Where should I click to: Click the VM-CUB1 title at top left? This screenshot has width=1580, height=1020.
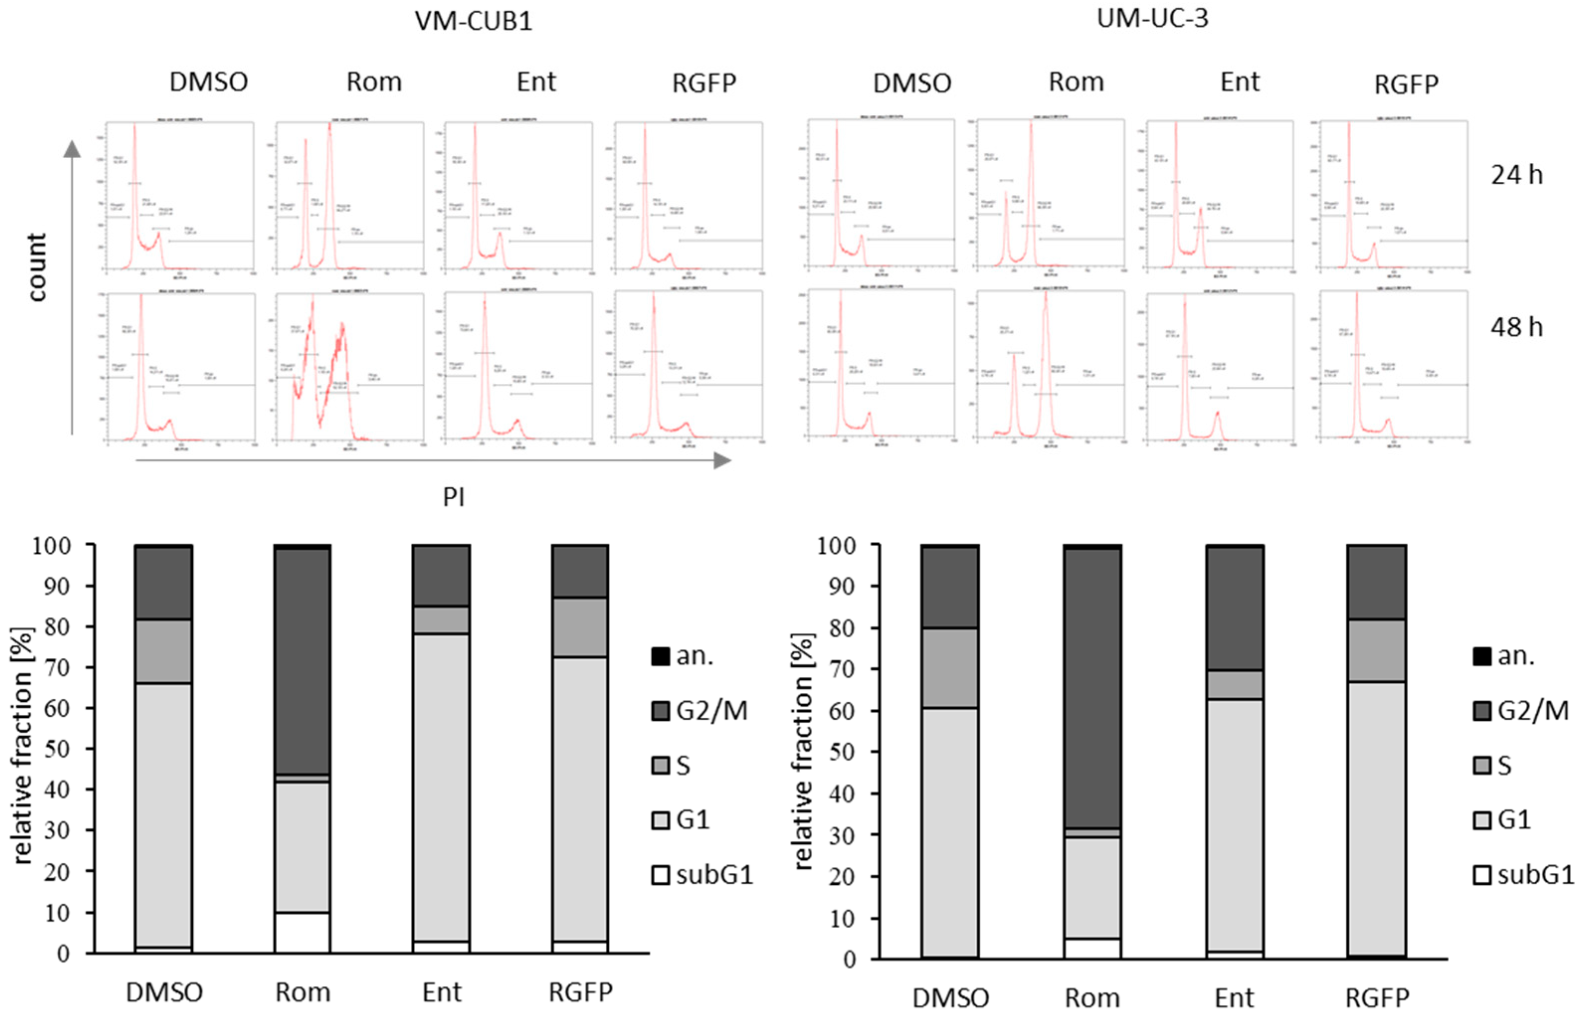(473, 21)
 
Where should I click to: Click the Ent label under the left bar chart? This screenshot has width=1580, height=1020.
(442, 992)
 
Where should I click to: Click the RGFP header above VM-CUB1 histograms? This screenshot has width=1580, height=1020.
(704, 84)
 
